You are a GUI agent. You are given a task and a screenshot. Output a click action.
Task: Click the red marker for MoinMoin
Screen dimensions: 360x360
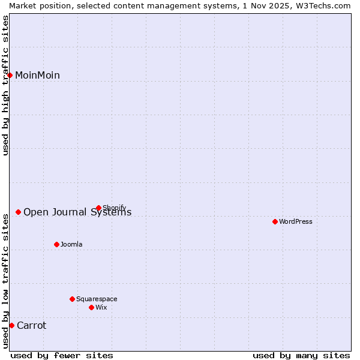point(10,75)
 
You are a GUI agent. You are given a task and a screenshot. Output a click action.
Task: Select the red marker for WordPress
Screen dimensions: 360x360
point(275,221)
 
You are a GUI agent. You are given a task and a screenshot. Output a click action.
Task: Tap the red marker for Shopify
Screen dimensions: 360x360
point(98,208)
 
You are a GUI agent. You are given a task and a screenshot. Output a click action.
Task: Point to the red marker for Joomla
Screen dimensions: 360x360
point(56,244)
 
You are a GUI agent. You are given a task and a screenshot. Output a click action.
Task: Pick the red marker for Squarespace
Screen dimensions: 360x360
point(72,299)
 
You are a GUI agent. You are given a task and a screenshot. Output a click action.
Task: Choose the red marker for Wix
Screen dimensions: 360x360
point(91,307)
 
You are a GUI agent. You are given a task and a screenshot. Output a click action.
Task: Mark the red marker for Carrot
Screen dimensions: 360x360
point(11,325)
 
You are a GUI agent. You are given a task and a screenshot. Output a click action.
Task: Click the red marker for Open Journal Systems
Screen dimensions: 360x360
point(18,212)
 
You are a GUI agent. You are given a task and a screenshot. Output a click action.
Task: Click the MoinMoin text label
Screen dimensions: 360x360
point(37,75)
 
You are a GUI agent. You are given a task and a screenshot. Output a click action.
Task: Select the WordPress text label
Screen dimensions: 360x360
point(295,221)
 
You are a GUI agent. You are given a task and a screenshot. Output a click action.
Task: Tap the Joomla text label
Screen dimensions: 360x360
point(71,244)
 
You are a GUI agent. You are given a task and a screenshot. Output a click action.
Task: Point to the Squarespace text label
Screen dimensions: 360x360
point(97,299)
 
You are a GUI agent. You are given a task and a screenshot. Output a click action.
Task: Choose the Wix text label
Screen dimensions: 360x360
point(101,307)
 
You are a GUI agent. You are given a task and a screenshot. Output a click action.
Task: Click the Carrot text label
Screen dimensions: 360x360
point(31,325)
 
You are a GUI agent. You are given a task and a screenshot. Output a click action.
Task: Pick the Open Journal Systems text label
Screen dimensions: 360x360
point(77,212)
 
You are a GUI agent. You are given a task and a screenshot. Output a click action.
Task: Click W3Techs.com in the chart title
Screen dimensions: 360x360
point(326,5)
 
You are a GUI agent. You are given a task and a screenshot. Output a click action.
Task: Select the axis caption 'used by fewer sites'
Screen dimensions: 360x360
point(62,355)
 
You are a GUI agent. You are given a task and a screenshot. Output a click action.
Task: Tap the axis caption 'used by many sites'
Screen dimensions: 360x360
point(301,355)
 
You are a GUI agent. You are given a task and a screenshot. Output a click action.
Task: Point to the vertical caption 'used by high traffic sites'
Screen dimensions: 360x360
point(5,85)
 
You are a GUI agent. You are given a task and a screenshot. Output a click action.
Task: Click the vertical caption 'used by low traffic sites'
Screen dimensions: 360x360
point(5,281)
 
